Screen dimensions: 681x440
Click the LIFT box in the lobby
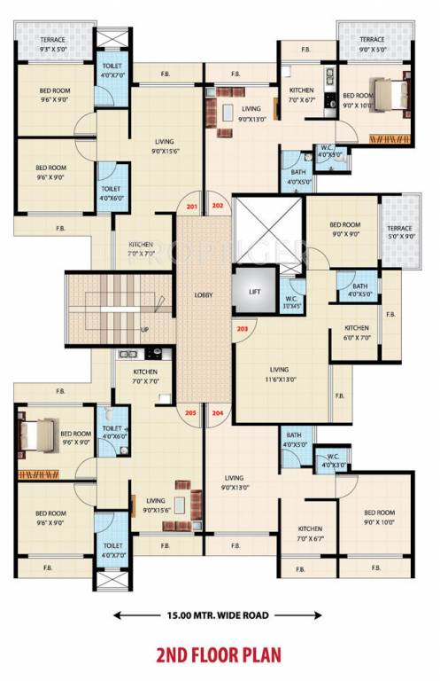pyautogui.click(x=255, y=290)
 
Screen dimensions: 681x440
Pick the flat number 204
pyautogui.click(x=219, y=412)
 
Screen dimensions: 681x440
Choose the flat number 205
pyautogui.click(x=191, y=412)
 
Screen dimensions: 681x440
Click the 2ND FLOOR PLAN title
pyautogui.click(x=219, y=655)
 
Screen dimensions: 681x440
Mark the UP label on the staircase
pyautogui.click(x=143, y=330)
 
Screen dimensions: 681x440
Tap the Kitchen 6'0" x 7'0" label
pyautogui.click(x=357, y=333)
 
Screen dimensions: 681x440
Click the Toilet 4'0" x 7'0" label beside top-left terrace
pyautogui.click(x=112, y=71)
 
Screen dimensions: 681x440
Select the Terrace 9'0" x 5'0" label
pyautogui.click(x=372, y=45)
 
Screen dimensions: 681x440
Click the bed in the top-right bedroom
pyautogui.click(x=384, y=94)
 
